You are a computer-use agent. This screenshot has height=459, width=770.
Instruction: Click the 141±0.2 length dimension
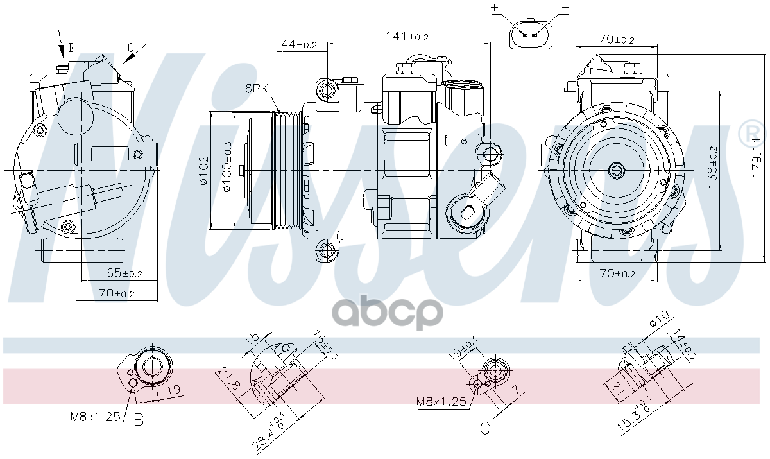(407, 37)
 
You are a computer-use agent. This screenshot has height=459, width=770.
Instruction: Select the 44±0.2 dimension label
(298, 44)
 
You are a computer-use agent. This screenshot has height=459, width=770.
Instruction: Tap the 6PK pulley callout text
(256, 89)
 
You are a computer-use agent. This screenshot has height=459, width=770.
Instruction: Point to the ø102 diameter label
(203, 170)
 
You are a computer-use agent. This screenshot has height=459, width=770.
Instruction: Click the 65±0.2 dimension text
(124, 273)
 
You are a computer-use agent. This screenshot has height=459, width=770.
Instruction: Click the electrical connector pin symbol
(530, 33)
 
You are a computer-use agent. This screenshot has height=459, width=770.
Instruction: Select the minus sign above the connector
(565, 8)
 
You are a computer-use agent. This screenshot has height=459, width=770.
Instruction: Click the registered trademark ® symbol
(750, 133)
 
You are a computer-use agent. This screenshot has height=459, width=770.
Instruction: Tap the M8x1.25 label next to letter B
(96, 417)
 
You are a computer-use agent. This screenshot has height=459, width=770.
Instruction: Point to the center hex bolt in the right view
(617, 170)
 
